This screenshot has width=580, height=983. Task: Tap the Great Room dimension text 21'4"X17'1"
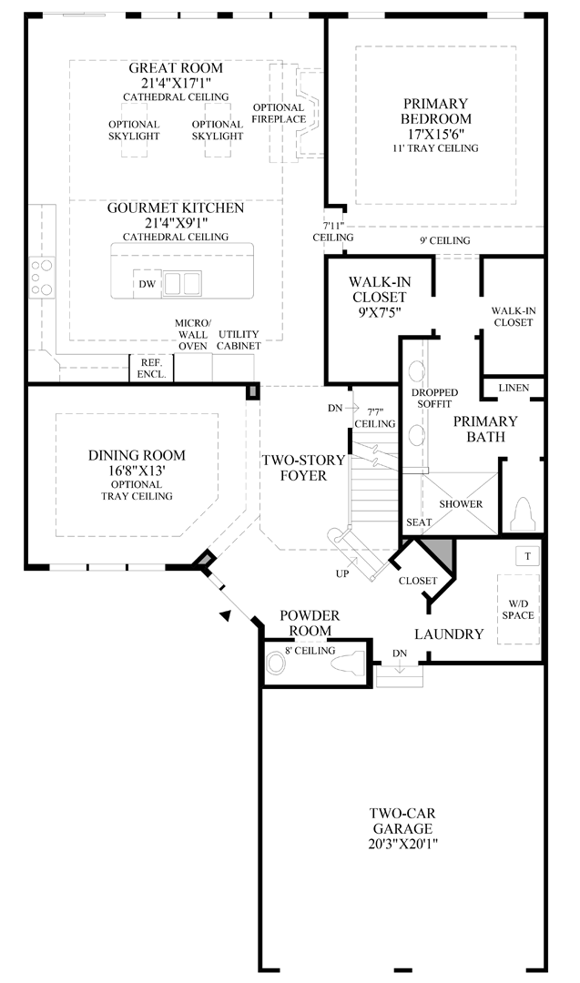175,83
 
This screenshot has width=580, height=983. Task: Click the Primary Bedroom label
435,110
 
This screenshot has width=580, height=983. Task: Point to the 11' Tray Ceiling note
435,147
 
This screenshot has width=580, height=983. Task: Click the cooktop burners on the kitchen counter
41,278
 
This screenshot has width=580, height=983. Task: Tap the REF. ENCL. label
150,368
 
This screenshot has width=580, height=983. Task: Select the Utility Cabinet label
239,339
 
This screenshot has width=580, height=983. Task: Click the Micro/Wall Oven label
193,334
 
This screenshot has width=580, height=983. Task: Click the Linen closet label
513,389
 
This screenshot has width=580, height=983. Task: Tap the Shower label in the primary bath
461,503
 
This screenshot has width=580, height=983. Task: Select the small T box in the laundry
525,554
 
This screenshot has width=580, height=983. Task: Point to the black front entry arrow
226,616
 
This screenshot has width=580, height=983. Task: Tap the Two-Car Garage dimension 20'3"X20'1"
400,844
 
